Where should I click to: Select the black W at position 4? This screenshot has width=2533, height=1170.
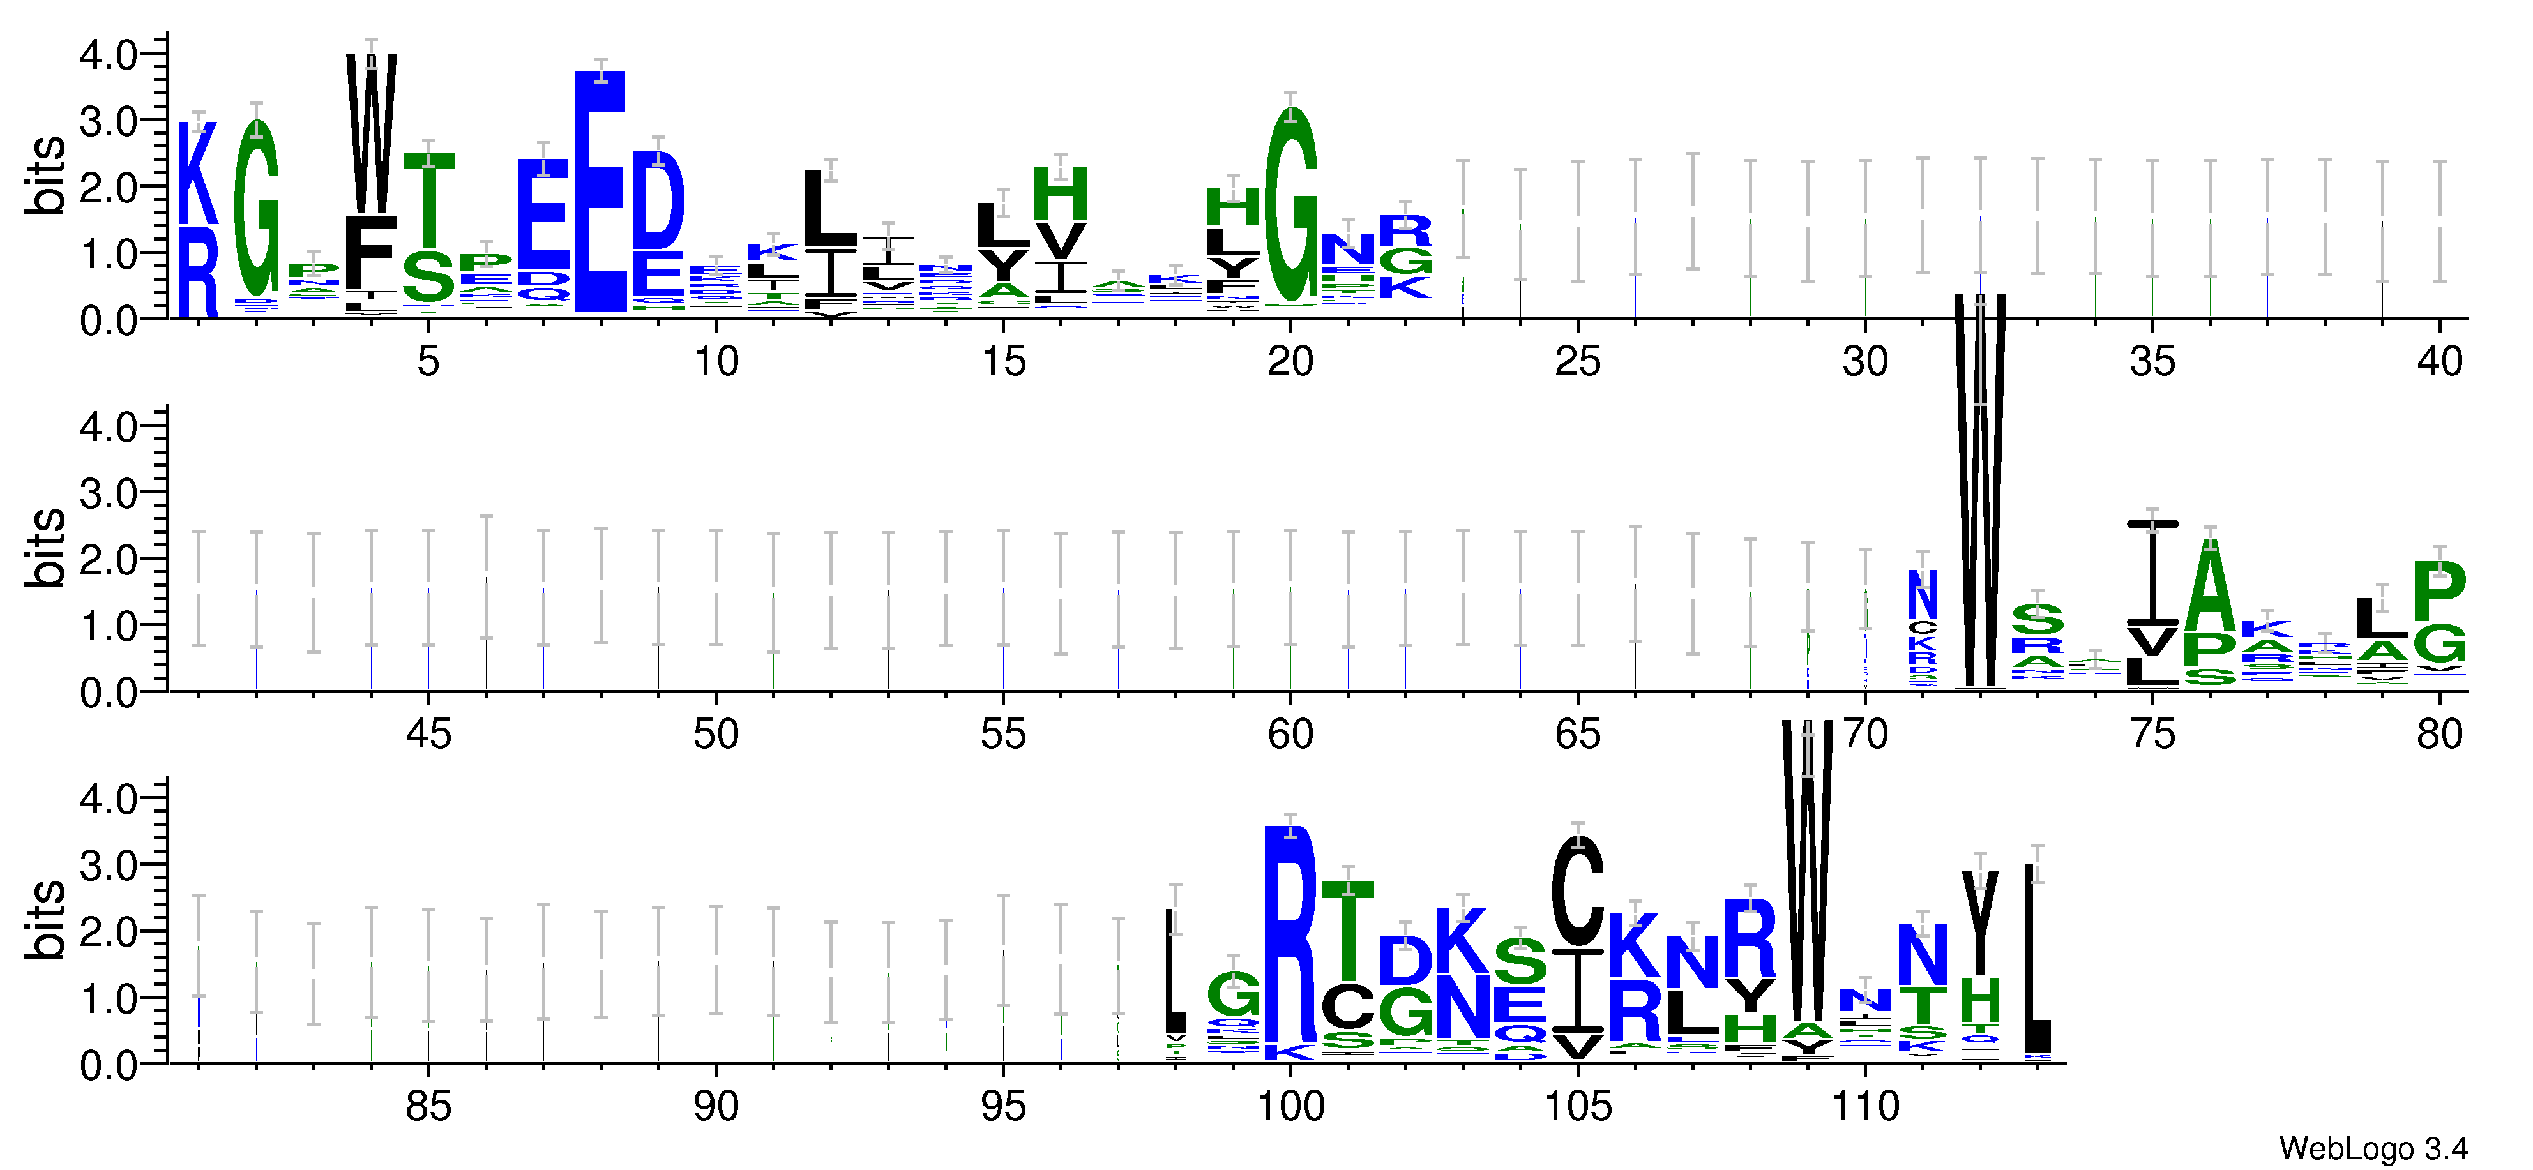(x=371, y=133)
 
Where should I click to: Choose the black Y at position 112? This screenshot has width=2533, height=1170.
(x=1979, y=921)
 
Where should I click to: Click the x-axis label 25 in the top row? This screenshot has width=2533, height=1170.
(x=1577, y=362)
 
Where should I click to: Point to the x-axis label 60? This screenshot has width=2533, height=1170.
(x=1290, y=735)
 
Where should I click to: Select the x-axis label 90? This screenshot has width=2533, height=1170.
(x=716, y=1107)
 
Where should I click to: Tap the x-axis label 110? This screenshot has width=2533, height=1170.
(x=1864, y=1107)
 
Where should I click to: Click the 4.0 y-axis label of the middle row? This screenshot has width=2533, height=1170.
(x=108, y=427)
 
